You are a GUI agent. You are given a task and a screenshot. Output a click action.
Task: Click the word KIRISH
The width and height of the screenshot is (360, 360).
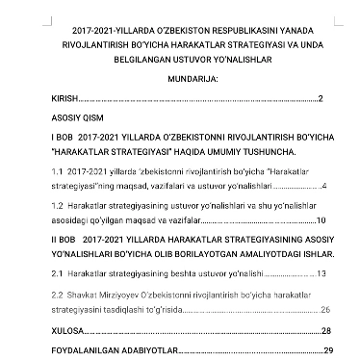click(x=64, y=99)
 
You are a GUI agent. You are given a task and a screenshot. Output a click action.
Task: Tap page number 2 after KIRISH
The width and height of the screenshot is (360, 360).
click(x=320, y=99)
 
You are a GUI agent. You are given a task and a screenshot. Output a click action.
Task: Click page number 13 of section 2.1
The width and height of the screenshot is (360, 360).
click(x=321, y=274)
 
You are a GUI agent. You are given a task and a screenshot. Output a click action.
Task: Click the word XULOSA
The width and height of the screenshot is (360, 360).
click(x=66, y=330)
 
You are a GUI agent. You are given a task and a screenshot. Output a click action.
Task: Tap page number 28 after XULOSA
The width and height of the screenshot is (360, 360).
click(x=326, y=330)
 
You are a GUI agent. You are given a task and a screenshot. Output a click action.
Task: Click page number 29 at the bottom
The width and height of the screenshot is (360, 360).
click(x=328, y=349)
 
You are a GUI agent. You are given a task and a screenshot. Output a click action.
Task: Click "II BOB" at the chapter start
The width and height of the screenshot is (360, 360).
click(x=63, y=237)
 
